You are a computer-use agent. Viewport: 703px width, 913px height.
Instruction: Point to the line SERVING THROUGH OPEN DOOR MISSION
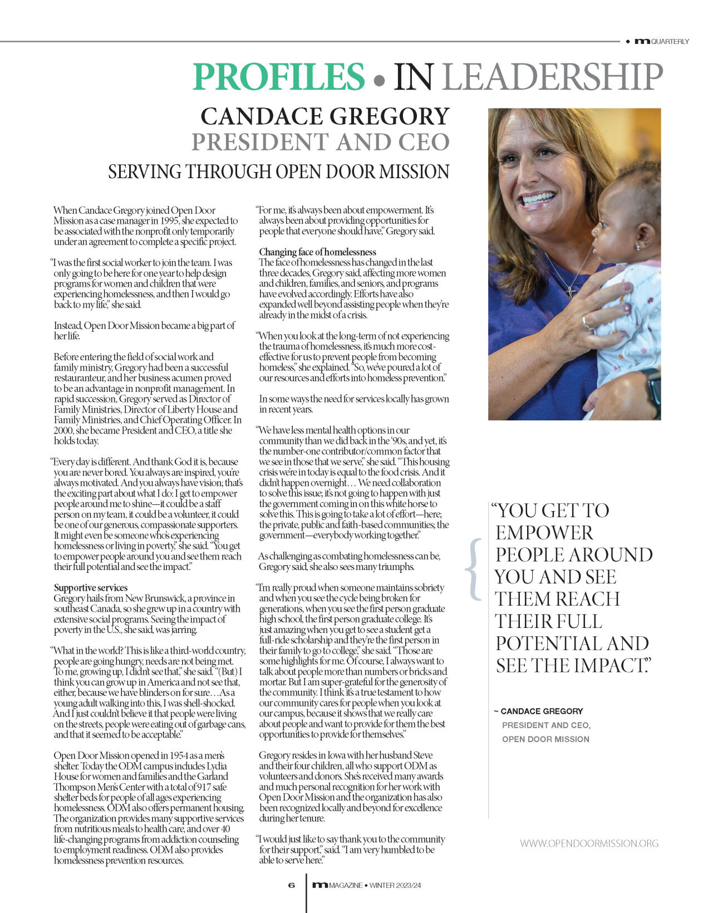pos(278,171)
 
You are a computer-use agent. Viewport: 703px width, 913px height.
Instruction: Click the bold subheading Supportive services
pos(91,588)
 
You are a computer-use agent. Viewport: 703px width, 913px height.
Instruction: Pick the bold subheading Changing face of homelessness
pos(317,252)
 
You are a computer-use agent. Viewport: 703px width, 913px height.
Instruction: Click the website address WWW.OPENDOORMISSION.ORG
pos(589,843)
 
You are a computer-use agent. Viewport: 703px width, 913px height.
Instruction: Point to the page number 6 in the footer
pos(291,885)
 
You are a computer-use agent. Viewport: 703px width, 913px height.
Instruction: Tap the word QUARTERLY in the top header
pos(670,42)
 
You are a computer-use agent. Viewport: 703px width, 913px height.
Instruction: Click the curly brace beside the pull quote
pos(475,570)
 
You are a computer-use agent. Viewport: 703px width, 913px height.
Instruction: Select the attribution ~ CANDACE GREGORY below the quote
pos(538,711)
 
